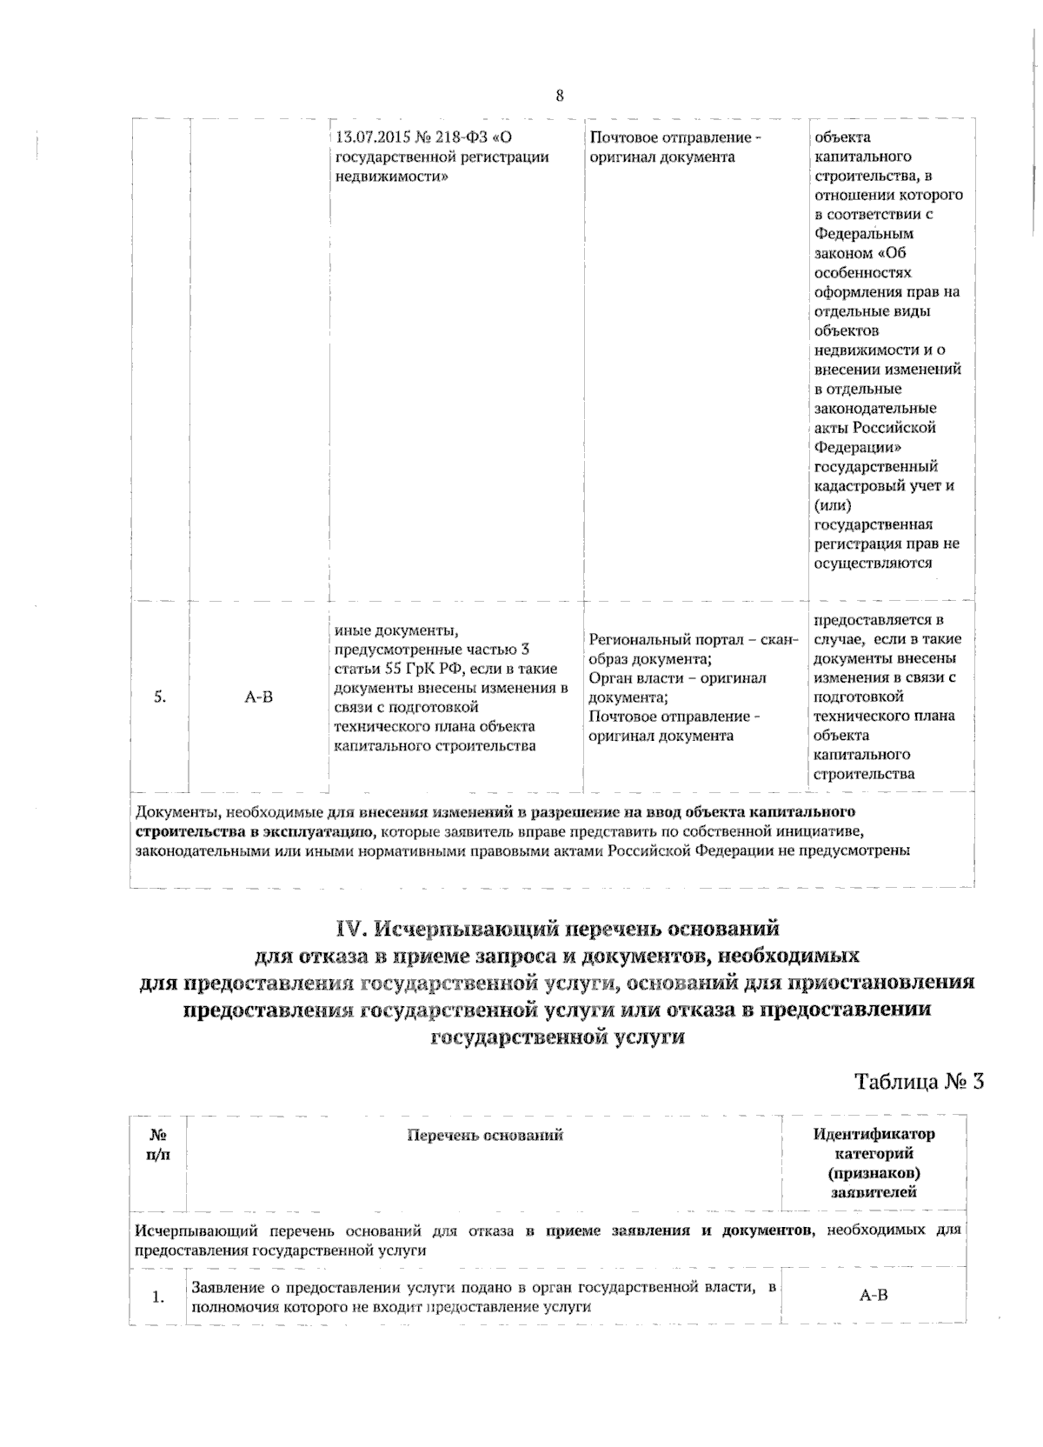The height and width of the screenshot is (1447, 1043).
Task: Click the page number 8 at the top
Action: [x=559, y=96]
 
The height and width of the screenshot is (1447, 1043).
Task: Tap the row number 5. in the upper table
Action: [x=160, y=697]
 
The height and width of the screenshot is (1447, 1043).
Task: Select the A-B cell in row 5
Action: [x=258, y=697]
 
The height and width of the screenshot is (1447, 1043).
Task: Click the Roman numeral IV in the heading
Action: [x=355, y=929]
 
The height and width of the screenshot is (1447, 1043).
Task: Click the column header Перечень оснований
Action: [x=484, y=1135]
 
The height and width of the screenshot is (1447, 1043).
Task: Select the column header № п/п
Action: [x=158, y=1144]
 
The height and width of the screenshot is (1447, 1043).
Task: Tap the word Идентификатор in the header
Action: [x=874, y=1134]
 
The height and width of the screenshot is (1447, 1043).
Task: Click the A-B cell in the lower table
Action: [x=874, y=1296]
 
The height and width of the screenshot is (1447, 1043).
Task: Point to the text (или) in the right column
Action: [x=833, y=505]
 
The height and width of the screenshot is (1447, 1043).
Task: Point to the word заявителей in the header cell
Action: [x=874, y=1192]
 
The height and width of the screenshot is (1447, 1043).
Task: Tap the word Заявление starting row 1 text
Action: [x=223, y=1287]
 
